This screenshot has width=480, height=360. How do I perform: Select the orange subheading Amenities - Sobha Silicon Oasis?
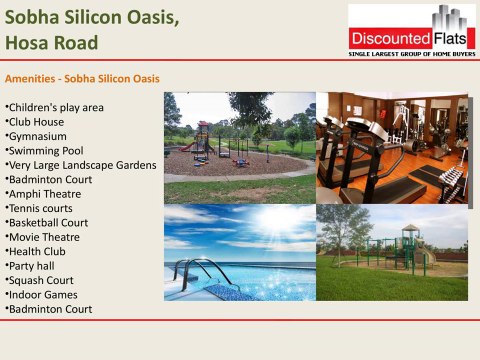click(82, 78)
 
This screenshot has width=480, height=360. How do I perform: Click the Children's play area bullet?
click(55, 107)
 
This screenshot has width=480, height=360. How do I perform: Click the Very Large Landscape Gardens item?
click(81, 164)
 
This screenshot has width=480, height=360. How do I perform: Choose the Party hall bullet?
click(33, 266)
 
